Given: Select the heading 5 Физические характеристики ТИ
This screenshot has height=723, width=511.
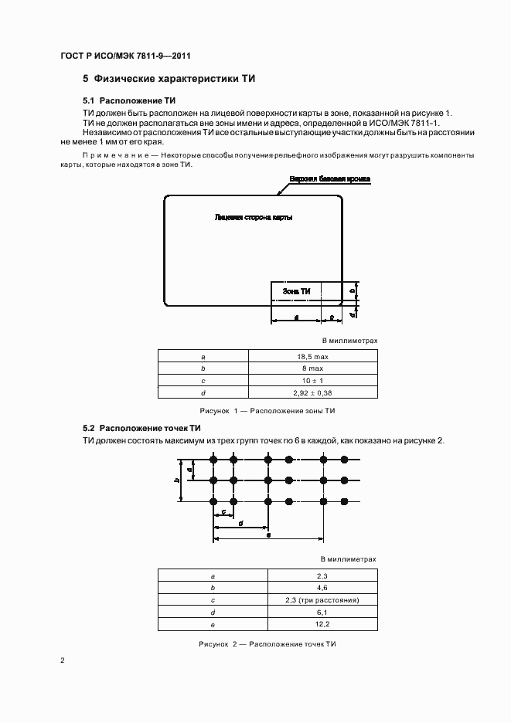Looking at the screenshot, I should tap(169, 79).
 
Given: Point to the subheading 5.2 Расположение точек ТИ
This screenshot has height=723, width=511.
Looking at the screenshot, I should tap(142, 428).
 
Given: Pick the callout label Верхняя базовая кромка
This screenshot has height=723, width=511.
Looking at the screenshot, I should tap(330, 178).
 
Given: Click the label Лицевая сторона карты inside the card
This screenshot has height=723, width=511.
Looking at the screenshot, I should tap(253, 218).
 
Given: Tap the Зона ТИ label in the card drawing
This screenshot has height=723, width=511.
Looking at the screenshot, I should tap(296, 291).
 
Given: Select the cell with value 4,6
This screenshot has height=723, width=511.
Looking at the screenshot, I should tap(322, 588).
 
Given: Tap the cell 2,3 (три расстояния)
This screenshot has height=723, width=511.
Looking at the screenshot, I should tap(322, 600).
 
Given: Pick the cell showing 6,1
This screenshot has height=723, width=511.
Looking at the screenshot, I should tap(322, 613).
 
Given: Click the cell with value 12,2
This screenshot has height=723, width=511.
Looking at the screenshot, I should tap(322, 625).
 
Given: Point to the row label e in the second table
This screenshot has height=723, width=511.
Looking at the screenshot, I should tap(213, 625).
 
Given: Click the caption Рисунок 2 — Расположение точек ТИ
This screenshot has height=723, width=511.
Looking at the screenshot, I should tap(267, 643).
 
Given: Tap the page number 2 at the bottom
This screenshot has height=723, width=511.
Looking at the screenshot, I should tap(63, 661).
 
